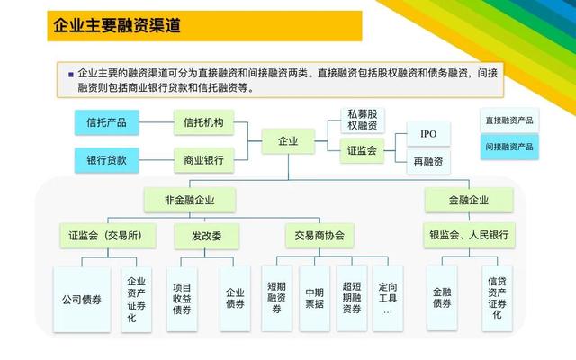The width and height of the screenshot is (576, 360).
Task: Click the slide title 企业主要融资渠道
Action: [x=117, y=26]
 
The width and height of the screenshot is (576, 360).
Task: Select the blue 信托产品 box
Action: [x=107, y=122]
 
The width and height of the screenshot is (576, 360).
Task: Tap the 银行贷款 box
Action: [x=107, y=160]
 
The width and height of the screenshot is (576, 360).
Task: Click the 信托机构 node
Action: [x=204, y=122]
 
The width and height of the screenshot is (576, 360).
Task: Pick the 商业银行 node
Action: [x=204, y=160]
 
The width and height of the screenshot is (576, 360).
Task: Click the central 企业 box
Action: [x=288, y=141]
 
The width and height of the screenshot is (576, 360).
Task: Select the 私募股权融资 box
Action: [x=363, y=120]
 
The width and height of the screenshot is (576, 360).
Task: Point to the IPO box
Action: [x=428, y=134]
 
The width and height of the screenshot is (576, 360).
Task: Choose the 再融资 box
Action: [x=428, y=162]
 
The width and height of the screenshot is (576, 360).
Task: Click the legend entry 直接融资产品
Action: [x=509, y=121]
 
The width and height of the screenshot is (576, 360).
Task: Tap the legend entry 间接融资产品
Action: [x=509, y=147]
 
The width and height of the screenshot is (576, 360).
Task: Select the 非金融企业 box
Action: [x=190, y=200]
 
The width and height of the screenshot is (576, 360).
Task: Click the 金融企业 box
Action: [x=469, y=200]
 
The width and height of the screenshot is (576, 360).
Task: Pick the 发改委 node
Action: [x=207, y=236]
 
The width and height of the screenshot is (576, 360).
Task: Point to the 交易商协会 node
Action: [x=319, y=236]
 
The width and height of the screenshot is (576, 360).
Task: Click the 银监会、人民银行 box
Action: [x=469, y=235]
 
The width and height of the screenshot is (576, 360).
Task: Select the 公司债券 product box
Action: [x=82, y=300]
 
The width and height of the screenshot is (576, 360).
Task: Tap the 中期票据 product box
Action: [x=314, y=298]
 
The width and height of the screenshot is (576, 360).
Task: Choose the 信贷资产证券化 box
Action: [x=497, y=298]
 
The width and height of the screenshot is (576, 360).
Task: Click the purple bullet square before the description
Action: [x=71, y=75]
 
